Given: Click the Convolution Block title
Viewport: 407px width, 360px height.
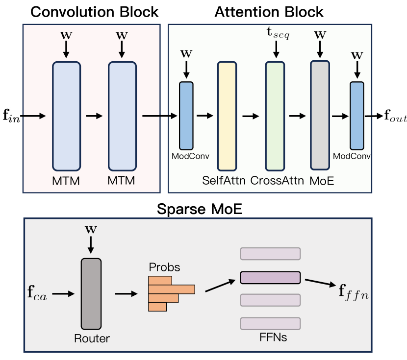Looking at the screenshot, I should click(x=94, y=12).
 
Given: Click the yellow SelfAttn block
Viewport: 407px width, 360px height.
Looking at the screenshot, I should click(x=227, y=116).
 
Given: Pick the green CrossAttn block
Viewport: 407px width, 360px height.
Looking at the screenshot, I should click(x=275, y=116).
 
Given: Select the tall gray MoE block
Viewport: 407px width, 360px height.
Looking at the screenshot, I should click(x=319, y=116).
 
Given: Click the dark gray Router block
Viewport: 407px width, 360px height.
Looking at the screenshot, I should click(x=91, y=293).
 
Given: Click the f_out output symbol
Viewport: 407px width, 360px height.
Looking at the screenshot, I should click(x=395, y=117).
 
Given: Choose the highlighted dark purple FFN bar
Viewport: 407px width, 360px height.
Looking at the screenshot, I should click(x=270, y=278).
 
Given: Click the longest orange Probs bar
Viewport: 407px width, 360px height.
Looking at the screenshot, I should click(x=172, y=289).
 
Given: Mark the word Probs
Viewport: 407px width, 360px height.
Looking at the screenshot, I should click(x=164, y=268).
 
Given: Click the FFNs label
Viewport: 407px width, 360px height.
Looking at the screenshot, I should click(x=270, y=337).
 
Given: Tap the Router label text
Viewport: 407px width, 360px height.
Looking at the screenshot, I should click(x=92, y=337).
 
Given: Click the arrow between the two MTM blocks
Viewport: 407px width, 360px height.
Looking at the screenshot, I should click(x=94, y=116).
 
